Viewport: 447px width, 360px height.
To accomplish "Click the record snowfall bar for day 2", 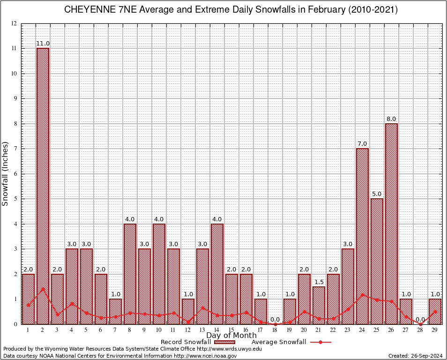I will click(x=43, y=187).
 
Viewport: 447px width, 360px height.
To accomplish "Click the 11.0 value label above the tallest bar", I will click(x=43, y=44).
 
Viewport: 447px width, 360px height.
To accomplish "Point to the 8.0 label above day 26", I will click(x=391, y=119).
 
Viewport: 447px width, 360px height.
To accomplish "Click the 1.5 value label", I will click(x=319, y=282).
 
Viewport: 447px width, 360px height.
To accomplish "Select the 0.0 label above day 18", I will click(x=275, y=319).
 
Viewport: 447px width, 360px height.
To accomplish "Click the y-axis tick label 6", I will click(x=15, y=174).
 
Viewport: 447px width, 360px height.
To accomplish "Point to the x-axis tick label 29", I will click(x=435, y=330).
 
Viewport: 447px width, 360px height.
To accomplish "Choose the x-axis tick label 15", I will click(x=231, y=330).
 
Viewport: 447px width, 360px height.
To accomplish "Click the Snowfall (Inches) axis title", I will click(x=6, y=173).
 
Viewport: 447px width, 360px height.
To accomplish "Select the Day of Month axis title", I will click(x=231, y=336).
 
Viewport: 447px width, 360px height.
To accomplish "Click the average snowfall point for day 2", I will click(x=43, y=289).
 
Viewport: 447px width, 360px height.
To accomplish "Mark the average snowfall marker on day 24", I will click(x=362, y=295).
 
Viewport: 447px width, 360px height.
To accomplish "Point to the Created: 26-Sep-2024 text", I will click(x=415, y=356).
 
